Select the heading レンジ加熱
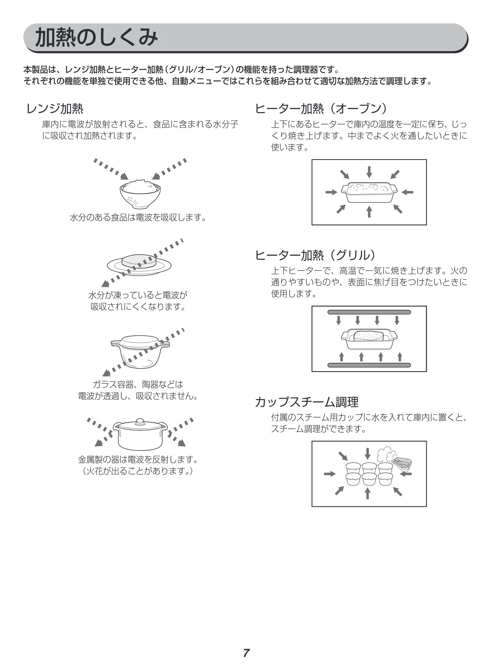pos(55,109)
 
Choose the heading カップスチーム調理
pos(307,402)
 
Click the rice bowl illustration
pos(140,193)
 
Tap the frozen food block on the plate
pos(139,261)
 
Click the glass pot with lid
pos(140,352)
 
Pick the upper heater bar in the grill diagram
pos(369,312)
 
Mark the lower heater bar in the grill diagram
pos(369,365)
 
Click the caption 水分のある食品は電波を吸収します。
pos(138,218)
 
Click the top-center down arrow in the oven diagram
pos(369,172)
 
